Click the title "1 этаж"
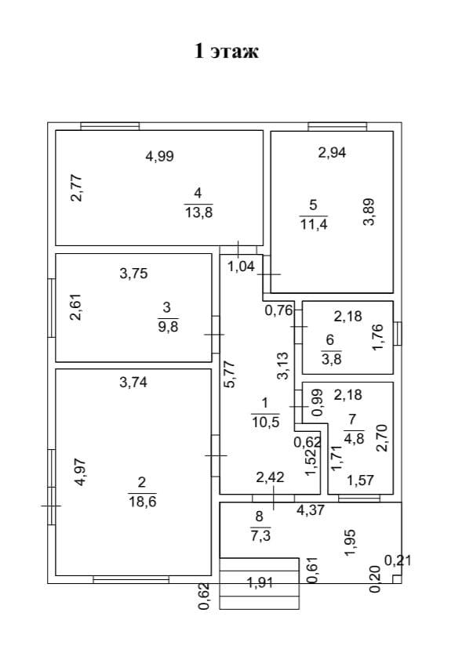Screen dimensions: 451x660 click(x=226, y=51)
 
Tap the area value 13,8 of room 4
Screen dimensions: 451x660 click(x=198, y=212)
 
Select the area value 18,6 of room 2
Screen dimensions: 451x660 click(x=142, y=502)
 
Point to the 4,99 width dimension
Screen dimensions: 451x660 click(x=159, y=156)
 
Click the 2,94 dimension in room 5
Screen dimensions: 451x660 click(x=332, y=152)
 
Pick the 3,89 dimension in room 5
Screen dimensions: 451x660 click(x=369, y=212)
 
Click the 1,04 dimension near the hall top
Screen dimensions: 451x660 click(x=242, y=267)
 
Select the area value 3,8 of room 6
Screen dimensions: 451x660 click(x=332, y=359)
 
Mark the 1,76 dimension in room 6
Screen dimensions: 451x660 click(x=377, y=337)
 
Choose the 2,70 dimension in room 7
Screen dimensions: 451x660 click(x=381, y=438)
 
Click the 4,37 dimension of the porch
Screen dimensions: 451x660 click(x=311, y=510)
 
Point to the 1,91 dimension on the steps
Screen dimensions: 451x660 click(x=260, y=582)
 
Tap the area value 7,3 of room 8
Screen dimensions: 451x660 click(x=260, y=536)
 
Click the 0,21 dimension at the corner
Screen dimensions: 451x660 click(x=398, y=560)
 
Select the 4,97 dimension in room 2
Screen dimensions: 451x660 click(x=80, y=472)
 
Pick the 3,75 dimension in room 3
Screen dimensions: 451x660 click(x=133, y=274)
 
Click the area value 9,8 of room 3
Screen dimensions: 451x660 click(x=168, y=326)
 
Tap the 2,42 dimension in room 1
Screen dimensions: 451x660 click(x=271, y=477)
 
